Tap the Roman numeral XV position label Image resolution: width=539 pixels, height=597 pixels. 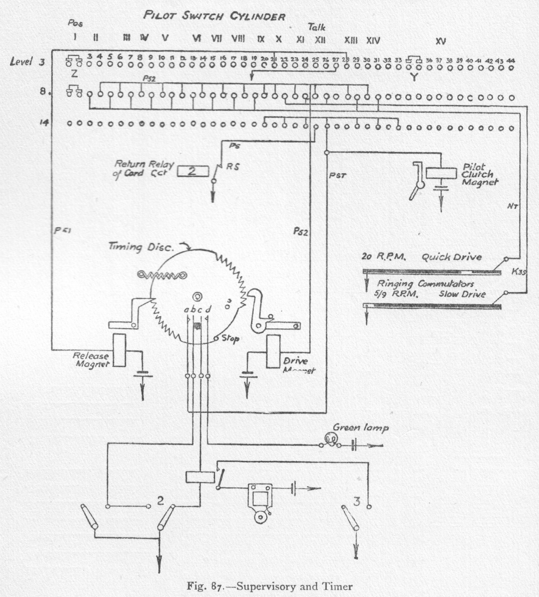(x=441, y=41)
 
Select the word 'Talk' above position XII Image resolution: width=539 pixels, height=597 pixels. (x=317, y=28)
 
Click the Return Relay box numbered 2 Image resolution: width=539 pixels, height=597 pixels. (x=193, y=171)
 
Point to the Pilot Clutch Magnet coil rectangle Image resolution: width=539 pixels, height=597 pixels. (x=441, y=173)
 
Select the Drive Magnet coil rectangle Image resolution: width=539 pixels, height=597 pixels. (x=273, y=352)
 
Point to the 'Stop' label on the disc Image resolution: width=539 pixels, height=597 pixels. (x=230, y=339)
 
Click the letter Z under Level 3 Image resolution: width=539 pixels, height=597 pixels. (x=74, y=73)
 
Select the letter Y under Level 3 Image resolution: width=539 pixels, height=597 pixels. (x=414, y=78)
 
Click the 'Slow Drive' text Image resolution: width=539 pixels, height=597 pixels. (x=462, y=294)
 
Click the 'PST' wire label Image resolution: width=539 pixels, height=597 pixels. (x=337, y=176)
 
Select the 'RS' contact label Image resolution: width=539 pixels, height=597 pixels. (x=233, y=167)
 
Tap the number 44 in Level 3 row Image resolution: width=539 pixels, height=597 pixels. (x=510, y=61)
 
